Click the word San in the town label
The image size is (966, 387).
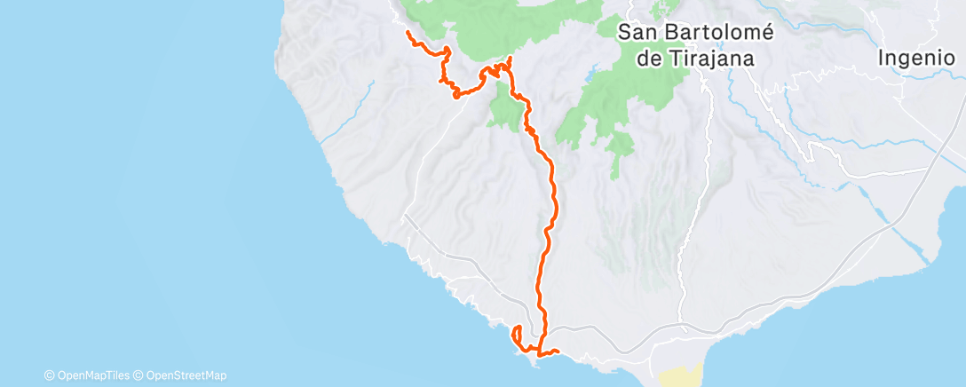tap(637, 33)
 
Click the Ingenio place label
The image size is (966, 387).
tap(915, 59)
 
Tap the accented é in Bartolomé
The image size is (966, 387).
tap(767, 32)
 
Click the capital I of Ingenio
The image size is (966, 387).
tap(881, 59)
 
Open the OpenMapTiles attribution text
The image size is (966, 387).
tap(92, 375)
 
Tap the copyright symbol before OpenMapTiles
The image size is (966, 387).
tap(49, 375)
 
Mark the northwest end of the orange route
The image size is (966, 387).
tap(407, 32)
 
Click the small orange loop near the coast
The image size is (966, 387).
tap(516, 335)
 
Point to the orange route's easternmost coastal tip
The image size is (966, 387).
tap(556, 351)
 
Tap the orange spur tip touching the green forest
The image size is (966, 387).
tap(510, 59)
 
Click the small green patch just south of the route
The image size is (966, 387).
tap(503, 111)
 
